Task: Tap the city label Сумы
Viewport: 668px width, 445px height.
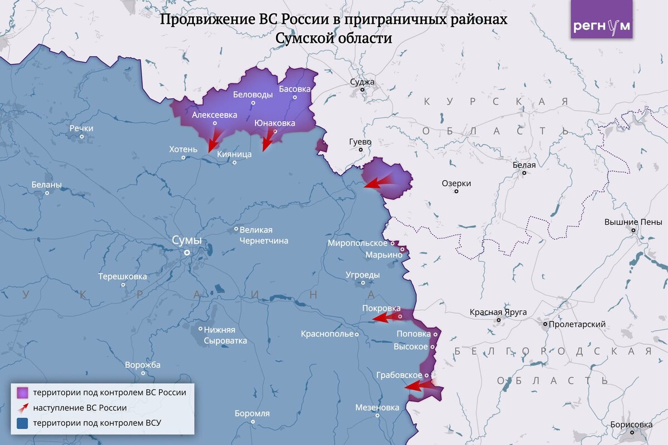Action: pyautogui.click(x=186, y=241)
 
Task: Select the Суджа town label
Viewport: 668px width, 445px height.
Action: pyautogui.click(x=362, y=82)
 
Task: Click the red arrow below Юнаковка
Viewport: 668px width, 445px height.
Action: pyautogui.click(x=268, y=140)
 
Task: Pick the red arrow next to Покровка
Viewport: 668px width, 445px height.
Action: pyautogui.click(x=384, y=318)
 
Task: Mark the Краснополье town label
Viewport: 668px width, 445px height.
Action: pyautogui.click(x=327, y=334)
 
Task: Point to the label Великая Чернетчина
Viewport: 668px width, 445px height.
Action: pyautogui.click(x=263, y=235)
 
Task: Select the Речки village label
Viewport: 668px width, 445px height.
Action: pyautogui.click(x=81, y=128)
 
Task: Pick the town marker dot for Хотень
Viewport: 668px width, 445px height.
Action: pyautogui.click(x=184, y=158)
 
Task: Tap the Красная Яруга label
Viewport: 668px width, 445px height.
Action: pyautogui.click(x=498, y=312)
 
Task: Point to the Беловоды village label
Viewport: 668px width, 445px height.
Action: pyautogui.click(x=253, y=95)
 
